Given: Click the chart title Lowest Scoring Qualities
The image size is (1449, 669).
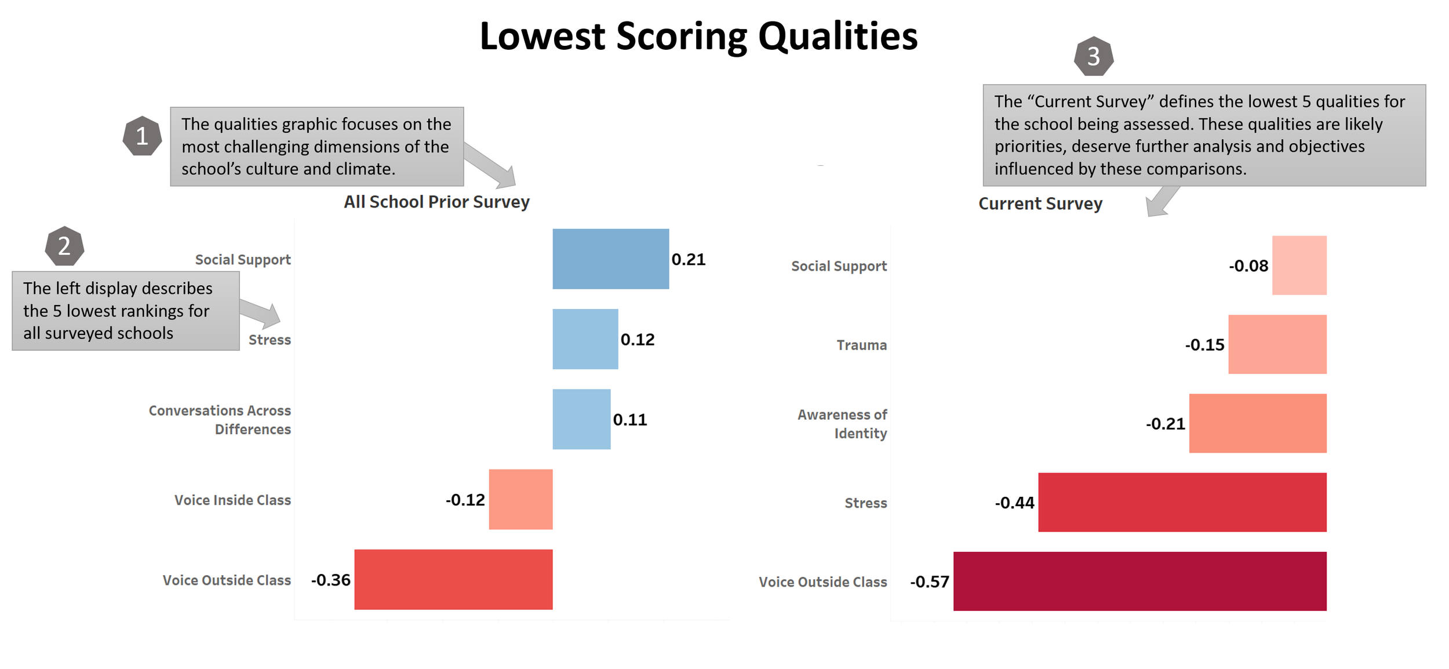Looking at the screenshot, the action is (x=698, y=37).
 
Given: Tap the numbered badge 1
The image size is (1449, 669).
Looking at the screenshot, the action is (x=142, y=136).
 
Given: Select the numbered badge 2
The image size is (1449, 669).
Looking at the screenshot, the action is (x=64, y=246).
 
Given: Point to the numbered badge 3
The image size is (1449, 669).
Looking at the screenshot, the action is (x=1094, y=56).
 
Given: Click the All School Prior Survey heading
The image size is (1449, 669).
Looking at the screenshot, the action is (x=436, y=202).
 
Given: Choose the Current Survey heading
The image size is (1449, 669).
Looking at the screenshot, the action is (x=1040, y=204).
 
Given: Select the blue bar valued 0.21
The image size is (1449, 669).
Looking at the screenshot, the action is (x=610, y=259).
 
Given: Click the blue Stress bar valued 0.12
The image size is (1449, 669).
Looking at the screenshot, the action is (x=585, y=339).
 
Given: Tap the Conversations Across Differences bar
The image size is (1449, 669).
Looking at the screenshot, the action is (x=581, y=419).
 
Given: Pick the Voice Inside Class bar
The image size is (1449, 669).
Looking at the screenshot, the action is (x=520, y=499).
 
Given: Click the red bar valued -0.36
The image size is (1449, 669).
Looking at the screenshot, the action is (x=453, y=580).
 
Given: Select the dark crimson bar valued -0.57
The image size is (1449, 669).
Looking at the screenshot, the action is (x=1140, y=581).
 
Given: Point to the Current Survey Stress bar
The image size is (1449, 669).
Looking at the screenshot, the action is (x=1182, y=502).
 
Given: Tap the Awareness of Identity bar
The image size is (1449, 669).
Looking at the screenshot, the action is (x=1258, y=423).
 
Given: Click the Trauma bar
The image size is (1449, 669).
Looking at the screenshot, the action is (x=1277, y=344).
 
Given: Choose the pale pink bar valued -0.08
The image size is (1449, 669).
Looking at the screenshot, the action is (x=1299, y=266).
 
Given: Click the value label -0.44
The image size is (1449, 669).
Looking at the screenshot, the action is (x=1014, y=503).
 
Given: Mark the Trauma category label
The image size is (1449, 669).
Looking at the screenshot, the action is (x=862, y=346).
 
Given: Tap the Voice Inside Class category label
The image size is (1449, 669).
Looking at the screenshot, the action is (x=232, y=500).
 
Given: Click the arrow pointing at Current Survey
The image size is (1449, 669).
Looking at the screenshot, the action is (x=1162, y=201).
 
